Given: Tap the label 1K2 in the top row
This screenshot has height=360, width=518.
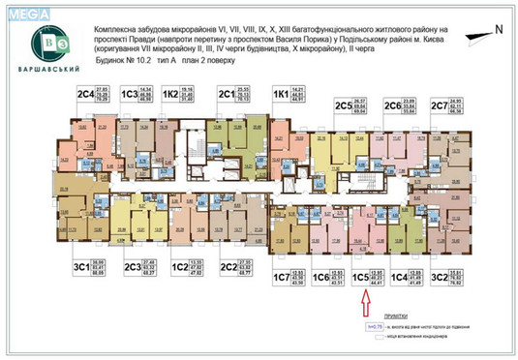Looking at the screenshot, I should click(172, 94).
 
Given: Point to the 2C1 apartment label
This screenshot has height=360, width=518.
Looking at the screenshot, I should click(228, 94).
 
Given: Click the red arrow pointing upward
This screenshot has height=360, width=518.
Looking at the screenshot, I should click(364, 304).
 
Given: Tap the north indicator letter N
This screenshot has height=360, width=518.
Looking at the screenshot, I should click(499, 30).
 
